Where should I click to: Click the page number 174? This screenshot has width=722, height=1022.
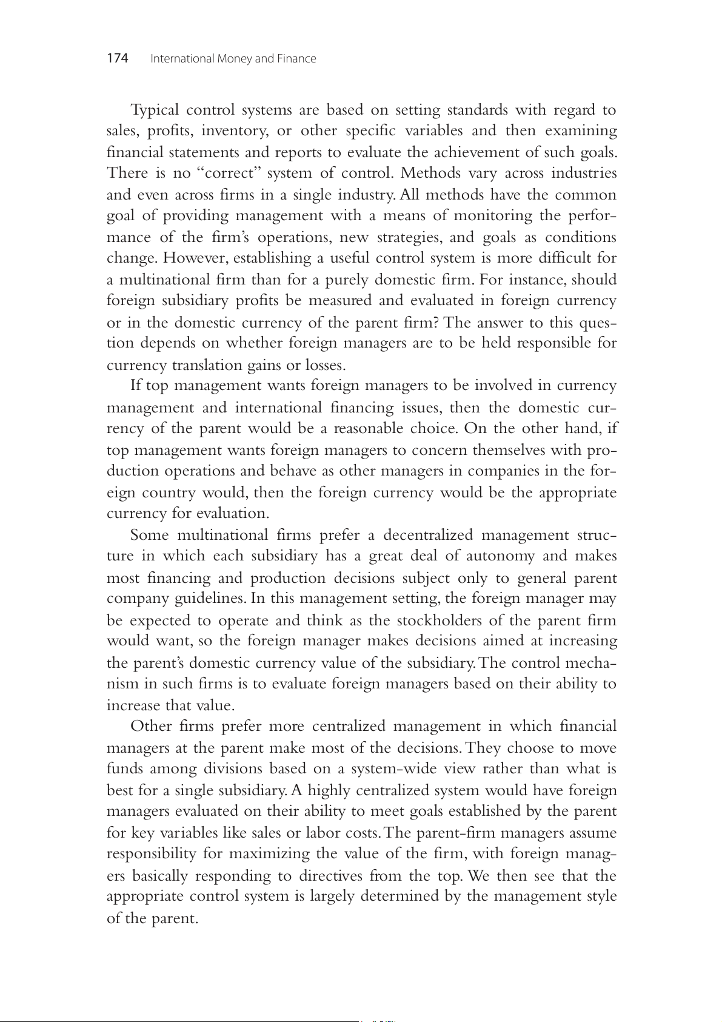click(x=118, y=58)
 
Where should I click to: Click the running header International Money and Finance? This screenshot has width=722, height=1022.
click(x=233, y=59)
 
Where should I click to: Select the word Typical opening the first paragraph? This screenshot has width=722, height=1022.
click(x=155, y=110)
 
